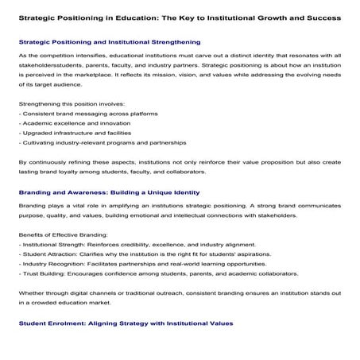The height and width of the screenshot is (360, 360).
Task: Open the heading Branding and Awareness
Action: pyautogui.click(x=107, y=215)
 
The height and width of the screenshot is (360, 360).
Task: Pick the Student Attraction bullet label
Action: pyautogui.click(x=50, y=283)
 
